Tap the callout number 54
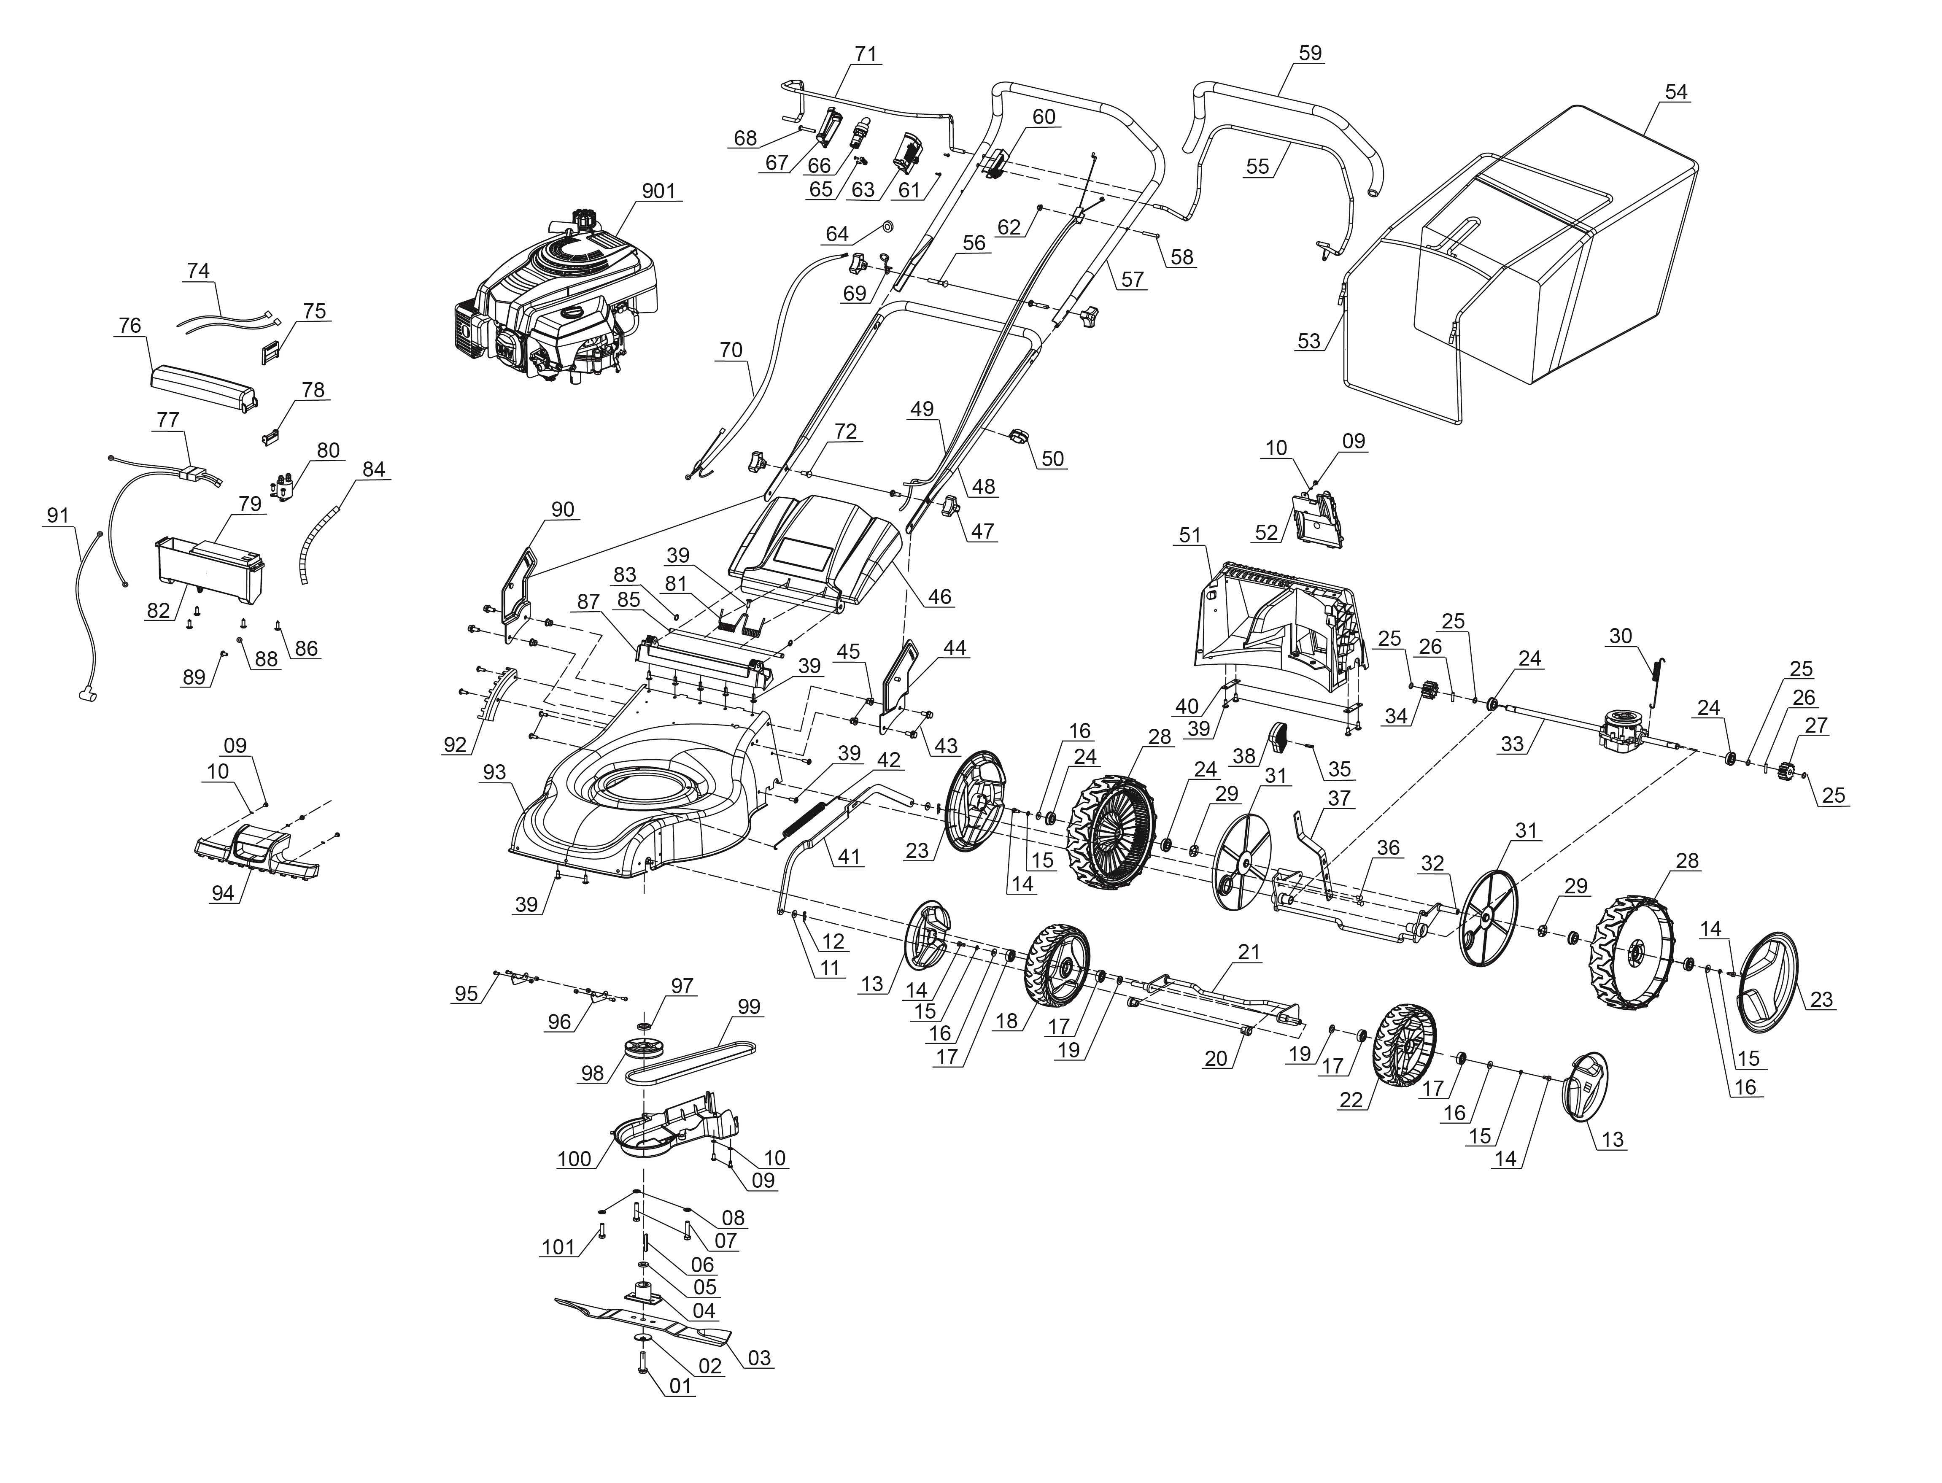1675,92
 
